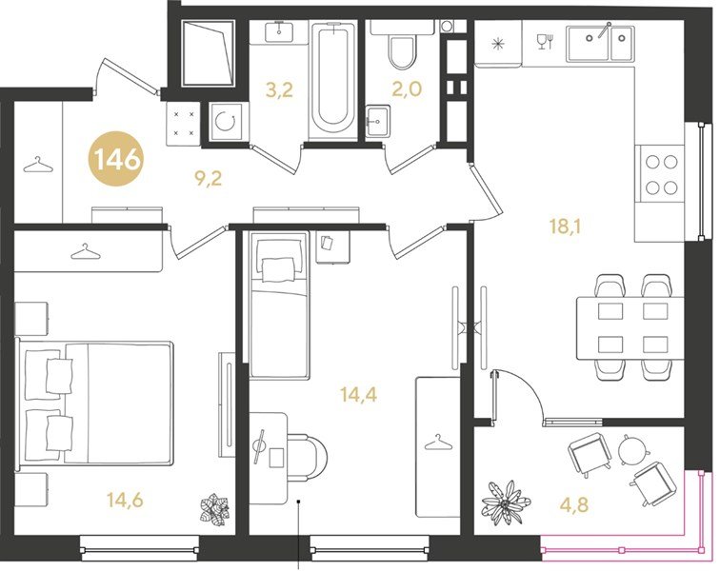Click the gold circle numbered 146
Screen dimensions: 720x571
[x=116, y=159]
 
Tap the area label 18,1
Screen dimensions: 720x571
[x=565, y=226]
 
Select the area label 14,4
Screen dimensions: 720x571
[x=359, y=394]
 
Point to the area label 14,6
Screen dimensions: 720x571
[x=125, y=500]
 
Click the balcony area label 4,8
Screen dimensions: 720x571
[x=574, y=505]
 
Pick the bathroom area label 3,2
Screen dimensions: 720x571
[x=279, y=90]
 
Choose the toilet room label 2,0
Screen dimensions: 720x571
[x=407, y=89]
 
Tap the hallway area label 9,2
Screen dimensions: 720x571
[x=209, y=178]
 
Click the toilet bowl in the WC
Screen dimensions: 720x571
[x=402, y=51]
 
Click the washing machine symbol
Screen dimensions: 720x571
[x=226, y=121]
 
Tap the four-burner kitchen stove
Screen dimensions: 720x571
[x=659, y=174]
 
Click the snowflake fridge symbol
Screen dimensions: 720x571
[x=498, y=44]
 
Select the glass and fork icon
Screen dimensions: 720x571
[x=546, y=41]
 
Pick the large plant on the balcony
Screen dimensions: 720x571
[x=505, y=504]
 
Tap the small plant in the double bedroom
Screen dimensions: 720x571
[x=215, y=508]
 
